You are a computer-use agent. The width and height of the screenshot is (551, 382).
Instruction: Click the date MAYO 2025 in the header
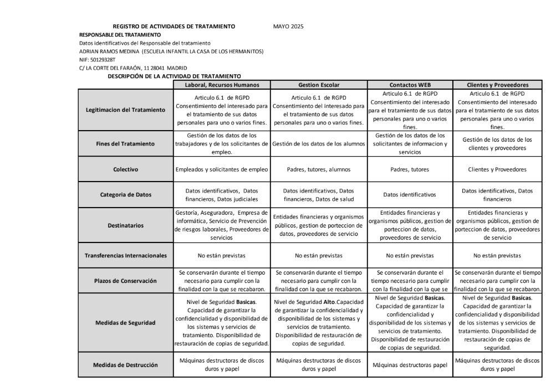point(288,27)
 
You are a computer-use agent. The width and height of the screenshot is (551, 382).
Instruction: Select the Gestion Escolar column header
point(318,85)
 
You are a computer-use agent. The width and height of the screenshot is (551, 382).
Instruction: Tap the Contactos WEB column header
point(410,85)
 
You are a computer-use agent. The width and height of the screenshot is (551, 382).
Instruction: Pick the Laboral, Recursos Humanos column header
point(221,85)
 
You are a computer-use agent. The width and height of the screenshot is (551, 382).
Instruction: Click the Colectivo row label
point(125,169)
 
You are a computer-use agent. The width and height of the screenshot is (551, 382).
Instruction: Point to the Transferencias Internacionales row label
point(125,256)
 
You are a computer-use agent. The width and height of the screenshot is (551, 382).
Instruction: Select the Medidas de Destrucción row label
point(125,365)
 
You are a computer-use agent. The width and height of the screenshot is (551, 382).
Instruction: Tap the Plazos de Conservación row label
point(125,280)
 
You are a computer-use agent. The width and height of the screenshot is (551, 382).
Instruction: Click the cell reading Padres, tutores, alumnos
point(318,169)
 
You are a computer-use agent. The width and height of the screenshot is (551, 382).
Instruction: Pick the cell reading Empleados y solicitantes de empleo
point(221,169)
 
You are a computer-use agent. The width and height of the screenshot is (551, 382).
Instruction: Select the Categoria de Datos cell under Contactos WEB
point(410,195)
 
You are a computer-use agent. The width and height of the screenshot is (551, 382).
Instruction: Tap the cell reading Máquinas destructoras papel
point(410,365)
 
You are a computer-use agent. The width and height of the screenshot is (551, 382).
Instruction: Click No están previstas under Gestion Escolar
point(318,256)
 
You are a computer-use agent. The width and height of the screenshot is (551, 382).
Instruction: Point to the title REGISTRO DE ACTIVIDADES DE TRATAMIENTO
point(174,27)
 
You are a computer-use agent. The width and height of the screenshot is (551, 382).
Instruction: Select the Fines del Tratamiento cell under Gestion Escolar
point(318,144)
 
